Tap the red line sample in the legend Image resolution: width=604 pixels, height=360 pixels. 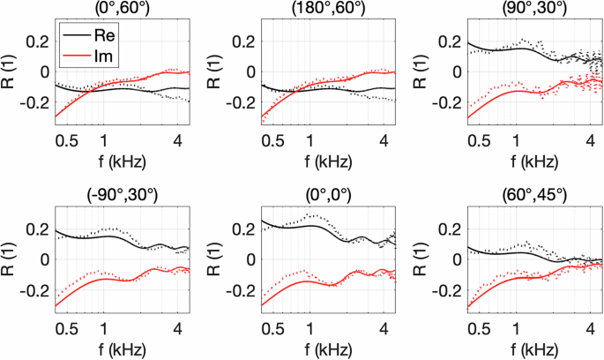click(x=74, y=56)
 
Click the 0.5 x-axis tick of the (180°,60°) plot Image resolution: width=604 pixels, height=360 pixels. click(x=270, y=140)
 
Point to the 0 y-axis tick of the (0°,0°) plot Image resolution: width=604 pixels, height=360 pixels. click(x=252, y=259)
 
